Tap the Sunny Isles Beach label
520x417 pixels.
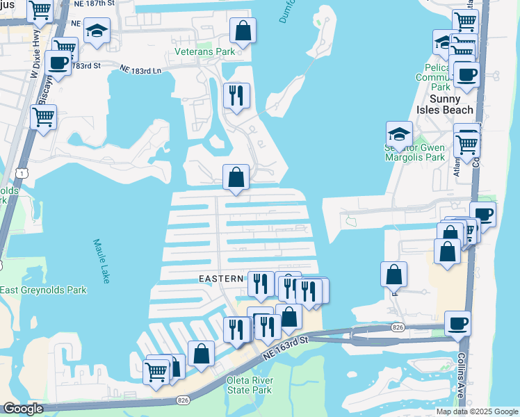click(x=445, y=104)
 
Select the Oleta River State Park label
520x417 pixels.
click(x=250, y=385)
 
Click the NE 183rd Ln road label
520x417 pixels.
click(x=140, y=70)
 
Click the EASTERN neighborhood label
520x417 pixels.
click(x=221, y=279)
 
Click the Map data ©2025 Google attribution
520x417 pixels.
click(x=477, y=411)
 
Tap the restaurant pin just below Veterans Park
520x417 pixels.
click(x=236, y=95)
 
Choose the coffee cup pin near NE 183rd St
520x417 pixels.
click(x=58, y=63)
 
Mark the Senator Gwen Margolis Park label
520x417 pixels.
click(x=415, y=153)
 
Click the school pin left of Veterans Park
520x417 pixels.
click(x=97, y=31)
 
